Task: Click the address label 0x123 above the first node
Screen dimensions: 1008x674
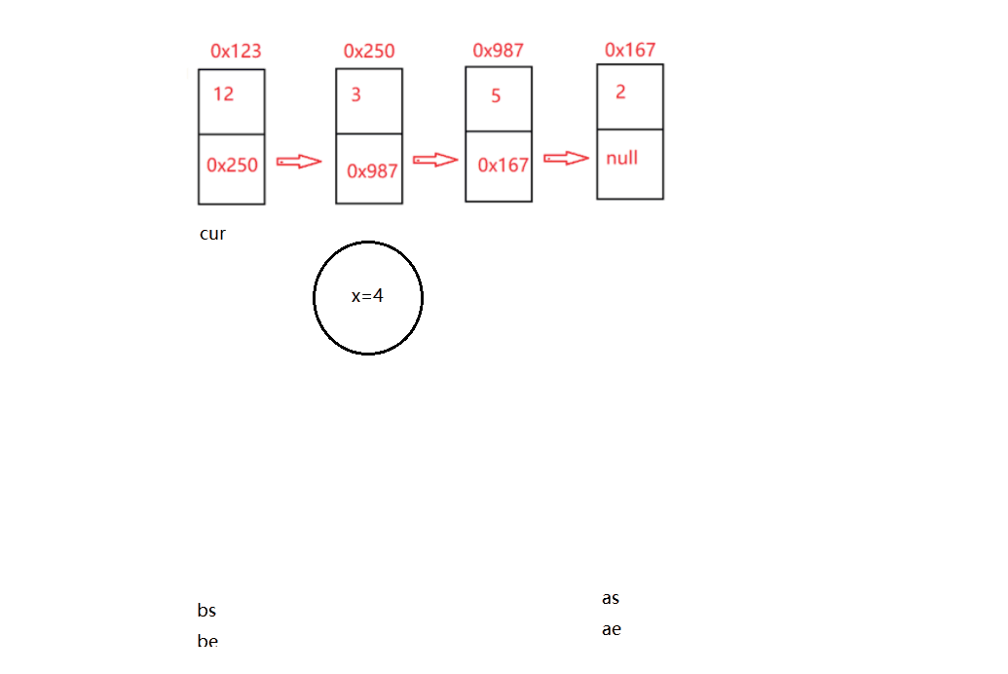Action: click(x=236, y=51)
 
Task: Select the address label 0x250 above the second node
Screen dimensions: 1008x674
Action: click(x=369, y=51)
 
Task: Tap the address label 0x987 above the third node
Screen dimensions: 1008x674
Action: click(x=499, y=51)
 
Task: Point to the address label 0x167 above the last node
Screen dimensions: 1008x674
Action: click(x=630, y=50)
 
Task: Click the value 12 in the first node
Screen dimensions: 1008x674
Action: click(x=223, y=94)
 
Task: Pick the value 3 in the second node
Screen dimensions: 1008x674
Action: click(x=356, y=94)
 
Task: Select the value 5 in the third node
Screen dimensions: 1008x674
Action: click(x=496, y=95)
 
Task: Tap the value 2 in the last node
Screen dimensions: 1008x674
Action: click(x=620, y=92)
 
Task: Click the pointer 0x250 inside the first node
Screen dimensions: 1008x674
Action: click(x=232, y=166)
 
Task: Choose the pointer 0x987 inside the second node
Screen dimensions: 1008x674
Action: click(x=372, y=171)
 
